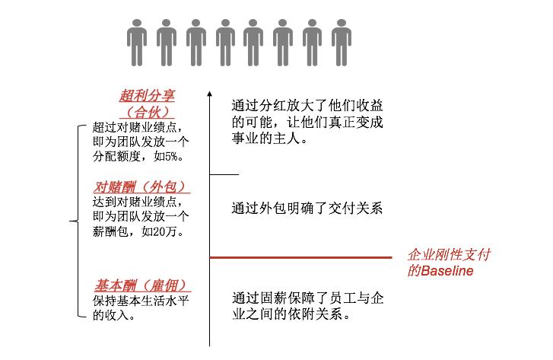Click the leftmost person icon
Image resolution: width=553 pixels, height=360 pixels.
[x=137, y=43]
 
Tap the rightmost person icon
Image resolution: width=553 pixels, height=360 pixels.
[x=341, y=43]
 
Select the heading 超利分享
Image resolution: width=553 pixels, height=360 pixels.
[x=147, y=96]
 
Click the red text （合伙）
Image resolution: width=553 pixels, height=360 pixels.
[x=147, y=112]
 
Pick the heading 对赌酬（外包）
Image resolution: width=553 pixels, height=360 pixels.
[x=141, y=187]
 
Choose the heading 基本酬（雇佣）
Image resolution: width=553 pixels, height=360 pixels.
[x=142, y=285]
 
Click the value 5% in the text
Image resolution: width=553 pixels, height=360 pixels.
[x=171, y=156]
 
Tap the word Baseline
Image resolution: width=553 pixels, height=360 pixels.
[x=447, y=271]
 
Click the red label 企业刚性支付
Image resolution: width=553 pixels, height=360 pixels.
[x=449, y=254]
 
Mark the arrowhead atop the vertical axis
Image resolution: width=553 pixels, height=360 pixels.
[x=209, y=94]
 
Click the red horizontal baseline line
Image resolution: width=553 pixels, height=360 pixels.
[x=300, y=258]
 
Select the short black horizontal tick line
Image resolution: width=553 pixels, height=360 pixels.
[x=224, y=174]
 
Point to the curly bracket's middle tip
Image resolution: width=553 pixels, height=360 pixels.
[x=70, y=221]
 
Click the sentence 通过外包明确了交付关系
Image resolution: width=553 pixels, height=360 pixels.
[x=307, y=209]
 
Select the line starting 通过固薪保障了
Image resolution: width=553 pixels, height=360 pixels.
[x=307, y=298]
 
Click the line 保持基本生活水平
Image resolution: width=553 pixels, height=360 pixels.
[x=141, y=301]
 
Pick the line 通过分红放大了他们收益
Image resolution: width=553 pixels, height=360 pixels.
[x=307, y=106]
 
